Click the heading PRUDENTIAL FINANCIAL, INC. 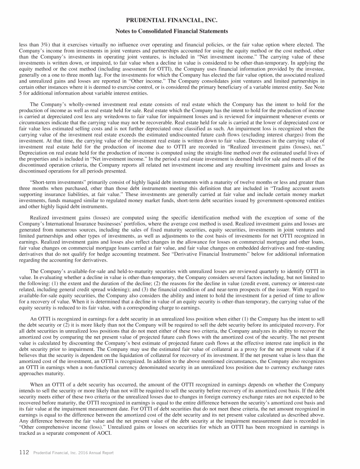tap(180, 20)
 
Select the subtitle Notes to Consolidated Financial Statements tap(180, 31)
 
